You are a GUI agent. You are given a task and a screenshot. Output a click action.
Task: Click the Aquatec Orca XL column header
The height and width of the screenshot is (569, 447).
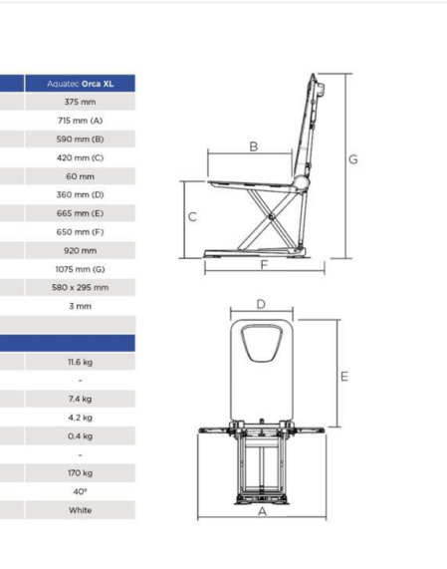(x=80, y=84)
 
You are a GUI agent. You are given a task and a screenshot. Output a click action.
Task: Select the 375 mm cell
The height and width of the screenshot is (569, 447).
(x=80, y=102)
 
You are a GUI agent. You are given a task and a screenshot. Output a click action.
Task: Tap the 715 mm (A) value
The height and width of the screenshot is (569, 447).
(x=80, y=121)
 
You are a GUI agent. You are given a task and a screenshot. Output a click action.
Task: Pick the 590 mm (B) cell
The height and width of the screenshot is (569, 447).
(x=80, y=139)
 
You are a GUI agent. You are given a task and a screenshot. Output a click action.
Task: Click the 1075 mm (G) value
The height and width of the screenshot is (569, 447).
(x=80, y=269)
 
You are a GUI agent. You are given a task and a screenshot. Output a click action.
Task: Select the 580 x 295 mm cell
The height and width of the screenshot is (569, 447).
(x=80, y=288)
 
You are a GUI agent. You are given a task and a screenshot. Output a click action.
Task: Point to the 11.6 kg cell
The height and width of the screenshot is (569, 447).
(x=80, y=362)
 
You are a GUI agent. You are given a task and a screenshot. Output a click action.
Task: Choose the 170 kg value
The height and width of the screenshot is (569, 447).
(x=80, y=473)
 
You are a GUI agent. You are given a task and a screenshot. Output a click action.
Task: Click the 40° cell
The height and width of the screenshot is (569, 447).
(x=80, y=491)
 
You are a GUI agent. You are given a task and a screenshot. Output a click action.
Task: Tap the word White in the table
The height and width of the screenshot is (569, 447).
(x=80, y=510)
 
